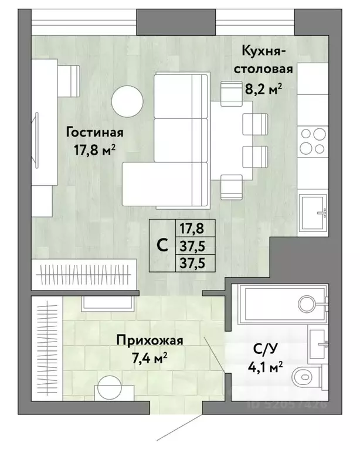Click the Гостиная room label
click(95, 132)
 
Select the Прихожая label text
click(150, 340)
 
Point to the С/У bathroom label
click(266, 349)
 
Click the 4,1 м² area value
click(266, 367)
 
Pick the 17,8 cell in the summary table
click(192, 229)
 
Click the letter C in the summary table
click(162, 246)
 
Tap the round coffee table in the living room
click(127, 101)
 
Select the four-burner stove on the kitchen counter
click(313, 141)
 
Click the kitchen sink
click(313, 213)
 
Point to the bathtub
click(283, 304)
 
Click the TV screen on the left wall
click(36, 140)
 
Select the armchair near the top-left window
click(69, 81)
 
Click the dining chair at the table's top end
click(232, 94)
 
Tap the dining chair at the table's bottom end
click(232, 187)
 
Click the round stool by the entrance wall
click(110, 388)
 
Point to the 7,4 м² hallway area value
click(150, 359)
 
